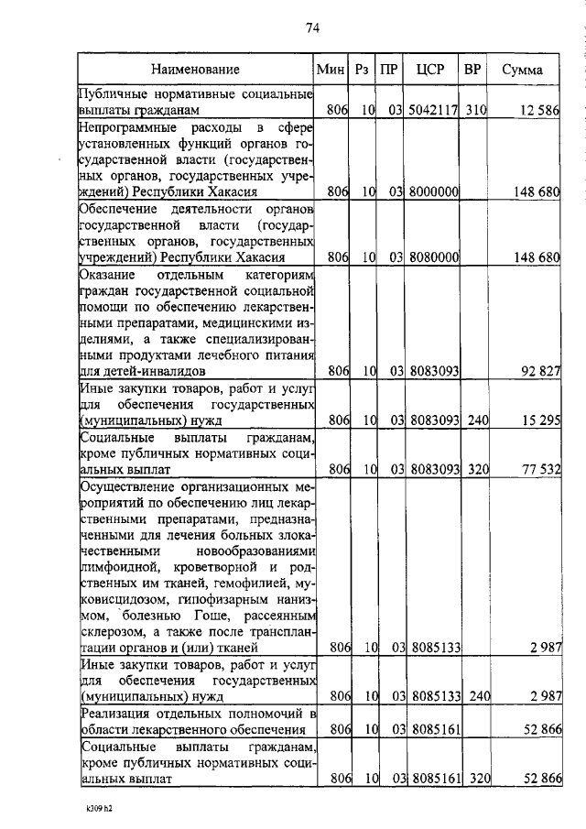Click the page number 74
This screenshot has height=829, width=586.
(311, 28)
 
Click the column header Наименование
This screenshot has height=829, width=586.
(196, 70)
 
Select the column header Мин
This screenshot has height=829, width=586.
(329, 70)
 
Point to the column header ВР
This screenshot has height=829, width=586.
(472, 70)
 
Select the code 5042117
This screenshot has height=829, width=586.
(434, 111)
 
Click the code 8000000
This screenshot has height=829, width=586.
(434, 192)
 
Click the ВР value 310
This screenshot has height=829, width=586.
(476, 111)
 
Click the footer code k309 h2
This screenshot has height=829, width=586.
(92, 810)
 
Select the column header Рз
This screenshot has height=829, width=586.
(363, 70)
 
